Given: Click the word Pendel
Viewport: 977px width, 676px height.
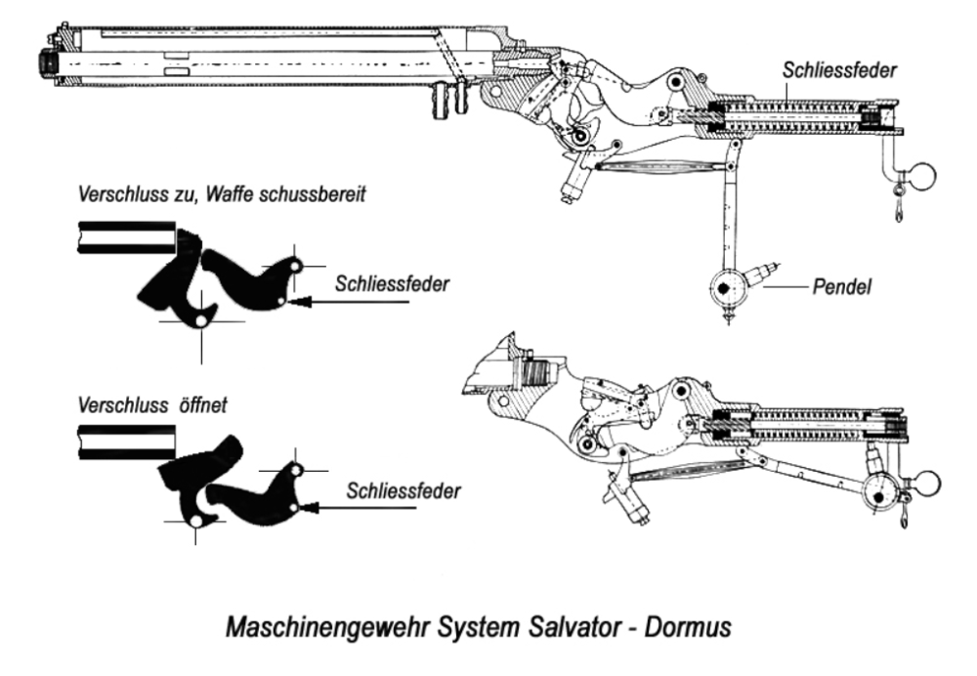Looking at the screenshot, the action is [x=842, y=287].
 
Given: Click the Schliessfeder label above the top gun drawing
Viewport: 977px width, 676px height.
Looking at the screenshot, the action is [x=839, y=69].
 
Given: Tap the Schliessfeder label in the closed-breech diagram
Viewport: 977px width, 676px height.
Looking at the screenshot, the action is [x=392, y=284].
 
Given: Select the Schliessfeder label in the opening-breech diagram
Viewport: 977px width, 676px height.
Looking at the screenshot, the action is [x=404, y=490].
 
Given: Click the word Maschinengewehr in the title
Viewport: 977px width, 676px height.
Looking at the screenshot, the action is [x=327, y=627].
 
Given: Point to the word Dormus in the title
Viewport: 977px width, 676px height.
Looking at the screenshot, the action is [x=687, y=627].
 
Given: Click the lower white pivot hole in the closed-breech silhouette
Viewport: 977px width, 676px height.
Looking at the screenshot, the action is [x=200, y=320].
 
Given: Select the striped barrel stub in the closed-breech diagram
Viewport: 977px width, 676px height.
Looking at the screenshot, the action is [x=126, y=237].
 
